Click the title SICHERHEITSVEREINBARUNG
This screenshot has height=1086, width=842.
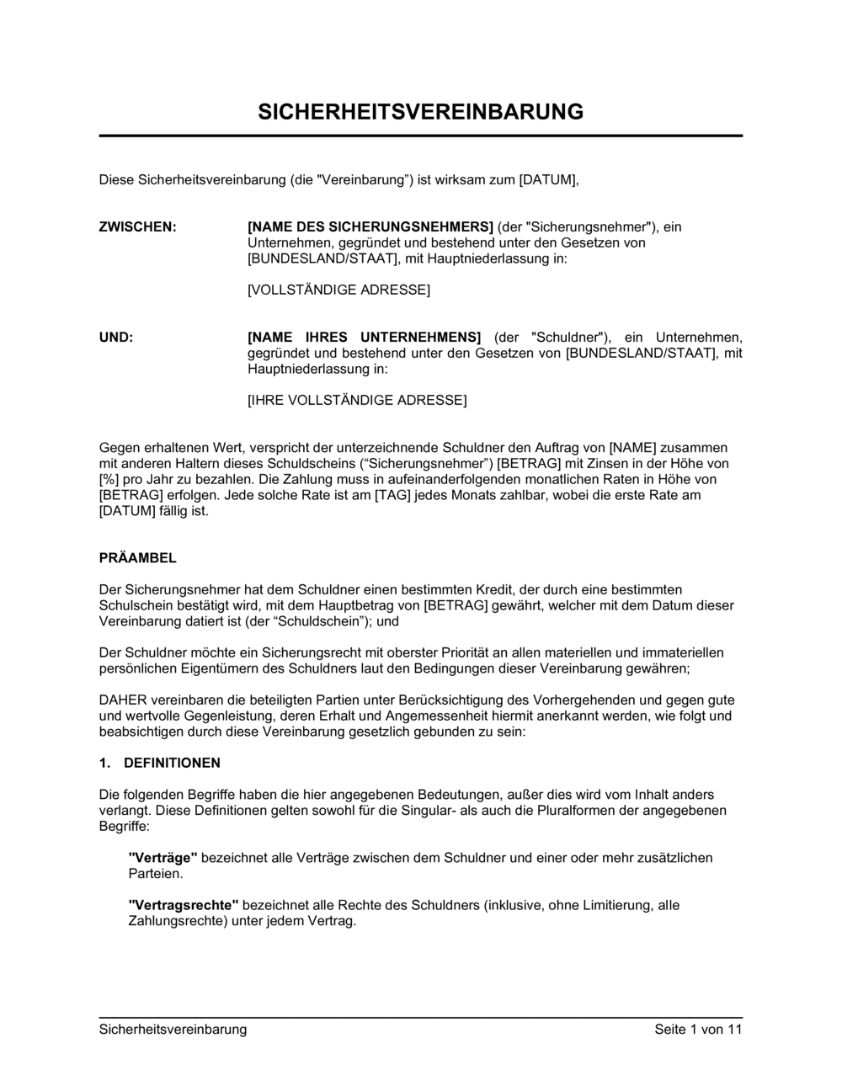[x=420, y=112]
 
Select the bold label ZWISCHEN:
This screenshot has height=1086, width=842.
[x=138, y=227]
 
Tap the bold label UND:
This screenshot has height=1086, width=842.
[x=116, y=338]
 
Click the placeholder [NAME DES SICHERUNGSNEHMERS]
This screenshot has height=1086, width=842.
[x=370, y=227]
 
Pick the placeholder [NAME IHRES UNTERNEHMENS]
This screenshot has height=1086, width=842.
[x=364, y=338]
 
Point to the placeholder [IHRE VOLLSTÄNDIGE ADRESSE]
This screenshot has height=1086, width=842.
[x=356, y=401]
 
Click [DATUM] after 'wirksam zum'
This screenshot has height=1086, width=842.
[x=548, y=180]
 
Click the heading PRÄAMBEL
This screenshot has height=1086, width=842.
[x=138, y=559]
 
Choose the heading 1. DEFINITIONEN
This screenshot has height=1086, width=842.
[x=160, y=764]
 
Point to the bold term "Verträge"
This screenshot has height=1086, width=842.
[x=163, y=859]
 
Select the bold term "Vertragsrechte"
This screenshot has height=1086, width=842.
[x=184, y=906]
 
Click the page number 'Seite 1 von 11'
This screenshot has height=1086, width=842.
[x=698, y=1030]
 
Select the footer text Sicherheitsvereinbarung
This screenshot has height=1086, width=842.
[x=173, y=1030]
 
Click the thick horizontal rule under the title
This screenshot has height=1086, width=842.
[x=420, y=136]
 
